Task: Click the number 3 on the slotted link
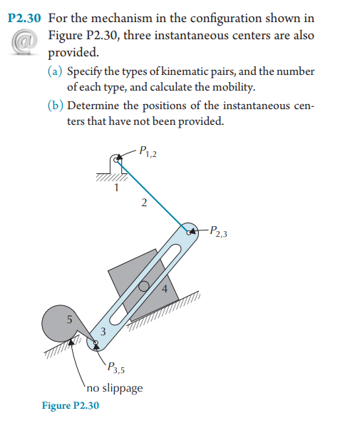tap(103, 331)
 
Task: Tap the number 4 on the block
tap(164, 289)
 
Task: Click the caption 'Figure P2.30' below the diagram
tap(71, 406)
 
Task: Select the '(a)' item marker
tap(55, 72)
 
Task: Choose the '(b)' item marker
tap(55, 106)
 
